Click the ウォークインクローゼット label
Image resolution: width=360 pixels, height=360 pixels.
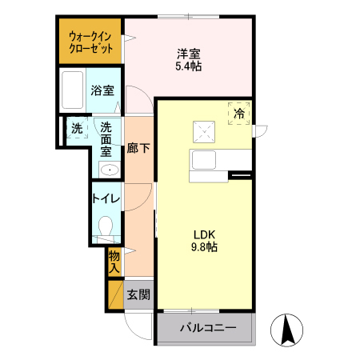point(90,42)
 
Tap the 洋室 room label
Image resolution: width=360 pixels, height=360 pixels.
point(188,54)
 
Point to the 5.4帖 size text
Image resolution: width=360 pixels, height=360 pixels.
point(188,66)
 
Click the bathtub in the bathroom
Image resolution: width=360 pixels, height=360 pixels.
point(73,90)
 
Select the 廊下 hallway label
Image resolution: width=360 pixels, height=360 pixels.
point(138,149)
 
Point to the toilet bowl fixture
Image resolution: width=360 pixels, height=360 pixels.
point(105,227)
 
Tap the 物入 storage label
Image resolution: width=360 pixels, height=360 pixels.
point(114,262)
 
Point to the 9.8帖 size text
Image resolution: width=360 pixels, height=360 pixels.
point(204,247)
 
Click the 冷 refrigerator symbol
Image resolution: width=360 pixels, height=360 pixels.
point(238,114)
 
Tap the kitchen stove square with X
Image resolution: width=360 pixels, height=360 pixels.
point(202,128)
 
